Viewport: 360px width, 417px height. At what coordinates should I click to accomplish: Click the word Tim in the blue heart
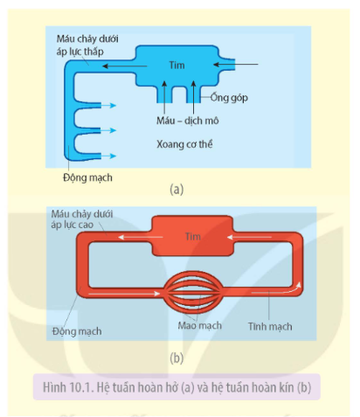[x=177, y=65]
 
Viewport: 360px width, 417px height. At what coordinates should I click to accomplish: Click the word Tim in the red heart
[x=193, y=236]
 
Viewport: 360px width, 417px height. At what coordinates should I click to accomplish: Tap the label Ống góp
[x=229, y=98]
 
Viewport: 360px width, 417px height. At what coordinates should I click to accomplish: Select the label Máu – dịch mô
[x=188, y=121]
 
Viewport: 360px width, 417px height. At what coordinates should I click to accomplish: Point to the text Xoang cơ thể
[x=184, y=144]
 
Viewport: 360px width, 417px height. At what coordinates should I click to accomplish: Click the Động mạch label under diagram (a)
[x=87, y=177]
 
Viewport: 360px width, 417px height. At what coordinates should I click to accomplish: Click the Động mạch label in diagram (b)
[x=77, y=331]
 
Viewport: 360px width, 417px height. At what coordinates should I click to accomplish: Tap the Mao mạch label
[x=200, y=325]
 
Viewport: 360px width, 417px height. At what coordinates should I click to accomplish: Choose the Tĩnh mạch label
[x=270, y=326]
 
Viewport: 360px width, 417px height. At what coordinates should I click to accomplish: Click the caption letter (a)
[x=177, y=189]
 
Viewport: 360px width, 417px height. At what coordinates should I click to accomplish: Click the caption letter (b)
[x=177, y=358]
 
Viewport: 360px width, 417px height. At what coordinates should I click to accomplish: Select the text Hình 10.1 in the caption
[x=67, y=387]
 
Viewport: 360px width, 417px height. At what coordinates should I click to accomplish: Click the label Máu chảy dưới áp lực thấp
[x=87, y=45]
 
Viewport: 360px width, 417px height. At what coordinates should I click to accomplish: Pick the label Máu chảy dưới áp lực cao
[x=82, y=219]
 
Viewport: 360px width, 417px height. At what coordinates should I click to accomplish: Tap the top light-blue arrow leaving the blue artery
[x=108, y=105]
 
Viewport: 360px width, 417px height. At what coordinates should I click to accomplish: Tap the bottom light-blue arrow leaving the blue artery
[x=108, y=156]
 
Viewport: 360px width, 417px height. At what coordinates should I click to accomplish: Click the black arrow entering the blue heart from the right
[x=235, y=64]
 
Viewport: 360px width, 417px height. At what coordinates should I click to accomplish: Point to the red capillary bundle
[x=193, y=292]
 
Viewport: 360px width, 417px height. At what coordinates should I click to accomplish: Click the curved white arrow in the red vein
[x=276, y=290]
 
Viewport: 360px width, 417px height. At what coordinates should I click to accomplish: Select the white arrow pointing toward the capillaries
[x=124, y=294]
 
